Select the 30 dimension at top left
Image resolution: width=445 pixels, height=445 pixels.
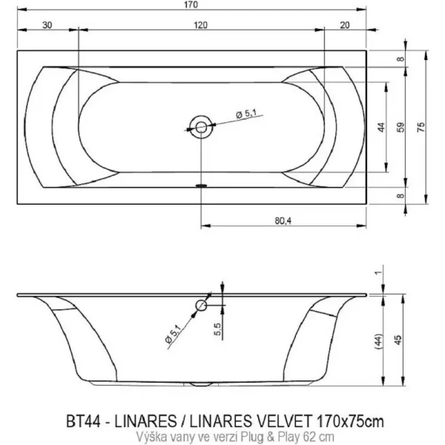[x=47, y=24]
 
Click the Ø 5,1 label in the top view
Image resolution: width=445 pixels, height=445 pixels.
[x=245, y=113]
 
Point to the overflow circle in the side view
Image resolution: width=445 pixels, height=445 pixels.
[x=201, y=306]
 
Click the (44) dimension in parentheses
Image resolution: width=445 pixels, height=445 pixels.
[x=380, y=340]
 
